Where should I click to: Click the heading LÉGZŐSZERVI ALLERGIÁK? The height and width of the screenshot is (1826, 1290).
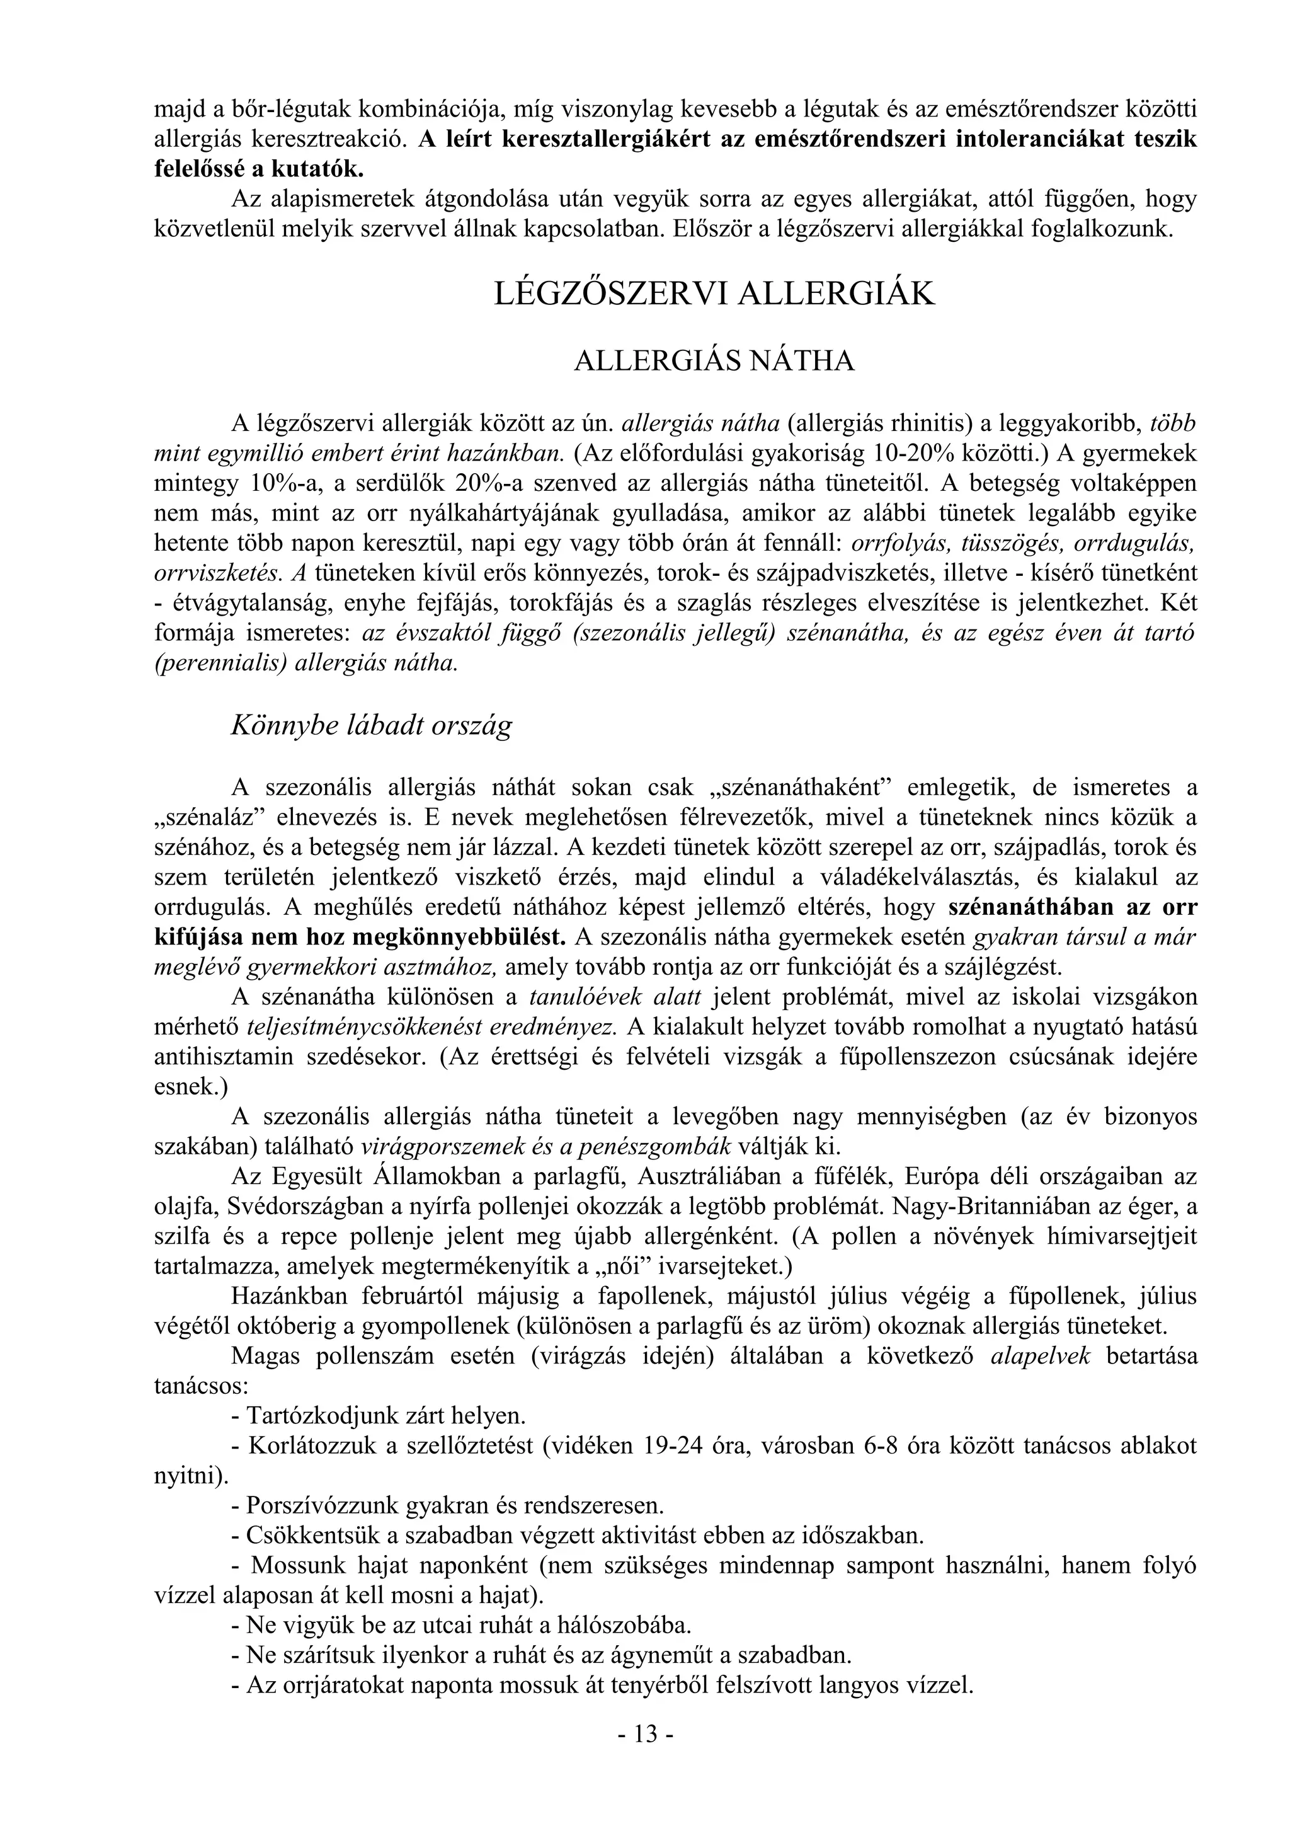[714, 294]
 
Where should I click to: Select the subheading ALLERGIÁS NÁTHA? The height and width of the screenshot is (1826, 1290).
[714, 361]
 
